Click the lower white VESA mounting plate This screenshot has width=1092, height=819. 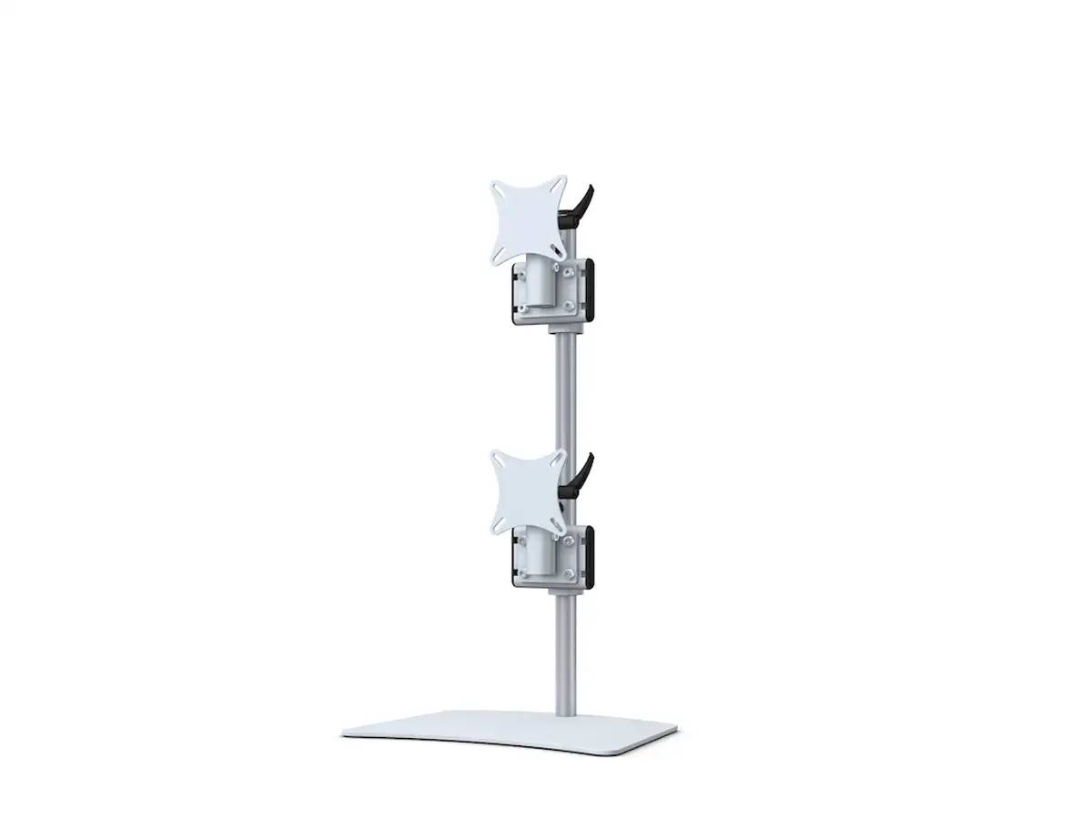[x=528, y=492]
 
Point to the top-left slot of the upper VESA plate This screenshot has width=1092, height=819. [x=498, y=188]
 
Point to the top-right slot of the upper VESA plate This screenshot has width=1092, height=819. [x=557, y=184]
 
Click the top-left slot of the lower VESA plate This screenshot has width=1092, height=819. [x=498, y=460]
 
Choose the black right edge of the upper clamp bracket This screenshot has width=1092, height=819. [x=590, y=290]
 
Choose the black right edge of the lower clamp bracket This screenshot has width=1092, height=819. [x=590, y=557]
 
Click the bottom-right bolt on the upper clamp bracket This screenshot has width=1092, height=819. [x=570, y=307]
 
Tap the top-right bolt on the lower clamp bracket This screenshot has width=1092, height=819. [x=570, y=541]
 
